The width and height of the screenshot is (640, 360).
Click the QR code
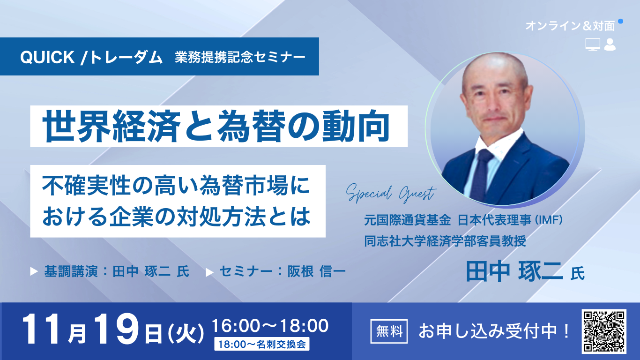pyautogui.click(x=603, y=331)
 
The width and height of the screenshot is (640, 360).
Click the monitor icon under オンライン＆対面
pyautogui.click(x=593, y=45)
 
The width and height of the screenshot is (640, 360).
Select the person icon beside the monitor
pyautogui.click(x=610, y=45)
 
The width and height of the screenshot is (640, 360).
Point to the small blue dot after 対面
pyautogui.click(x=621, y=21)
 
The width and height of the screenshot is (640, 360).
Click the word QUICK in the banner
pyautogui.click(x=47, y=57)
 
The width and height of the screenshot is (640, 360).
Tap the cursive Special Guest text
pyautogui.click(x=391, y=193)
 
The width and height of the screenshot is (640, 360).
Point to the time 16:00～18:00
pyautogui.click(x=270, y=325)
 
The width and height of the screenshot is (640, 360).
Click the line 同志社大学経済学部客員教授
pyautogui.click(x=445, y=241)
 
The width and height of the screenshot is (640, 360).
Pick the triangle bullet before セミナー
pyautogui.click(x=209, y=272)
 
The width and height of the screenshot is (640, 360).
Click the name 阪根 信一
pyautogui.click(x=317, y=272)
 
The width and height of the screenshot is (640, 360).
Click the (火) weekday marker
pyautogui.click(x=186, y=334)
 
